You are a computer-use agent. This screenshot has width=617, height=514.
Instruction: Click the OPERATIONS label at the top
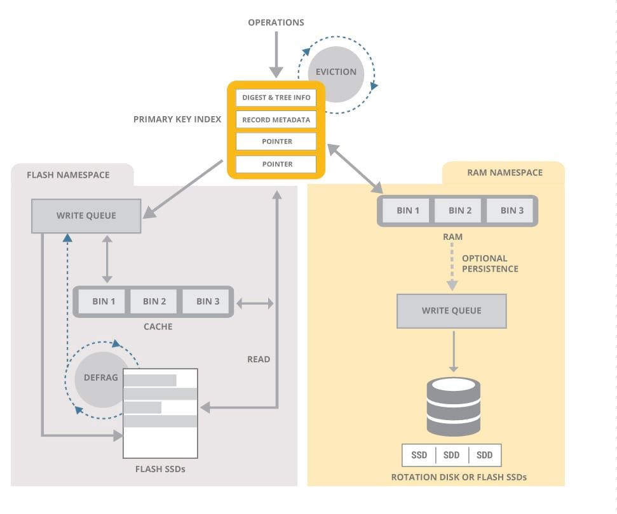pos(276,23)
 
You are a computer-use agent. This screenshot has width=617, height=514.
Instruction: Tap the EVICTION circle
pos(336,72)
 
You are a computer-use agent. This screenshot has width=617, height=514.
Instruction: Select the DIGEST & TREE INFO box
pos(276,98)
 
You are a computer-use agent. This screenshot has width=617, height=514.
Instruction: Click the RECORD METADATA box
pos(276,120)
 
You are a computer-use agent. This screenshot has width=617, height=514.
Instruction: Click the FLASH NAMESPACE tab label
pos(68,175)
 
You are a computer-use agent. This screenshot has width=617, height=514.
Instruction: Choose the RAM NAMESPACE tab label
pos(505,173)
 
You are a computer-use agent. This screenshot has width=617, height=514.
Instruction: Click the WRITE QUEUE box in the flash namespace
pos(86,216)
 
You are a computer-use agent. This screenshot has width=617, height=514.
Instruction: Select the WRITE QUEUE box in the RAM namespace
pos(452,311)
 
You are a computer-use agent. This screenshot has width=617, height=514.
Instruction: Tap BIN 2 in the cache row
pos(154,301)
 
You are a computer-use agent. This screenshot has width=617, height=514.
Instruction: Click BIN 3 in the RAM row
pos(512,211)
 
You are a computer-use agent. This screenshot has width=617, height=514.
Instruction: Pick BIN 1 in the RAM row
pos(408,211)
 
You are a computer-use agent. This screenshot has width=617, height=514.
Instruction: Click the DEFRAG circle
pos(100,378)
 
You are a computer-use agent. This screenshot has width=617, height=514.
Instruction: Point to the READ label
pos(259,359)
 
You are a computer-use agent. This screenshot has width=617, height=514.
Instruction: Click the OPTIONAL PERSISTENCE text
pos(489,263)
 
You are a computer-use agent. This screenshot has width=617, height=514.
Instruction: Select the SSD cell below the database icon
pos(419,455)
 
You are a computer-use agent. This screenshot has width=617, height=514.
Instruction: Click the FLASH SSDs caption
pos(160,470)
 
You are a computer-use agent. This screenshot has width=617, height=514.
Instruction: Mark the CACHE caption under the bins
pos(158,327)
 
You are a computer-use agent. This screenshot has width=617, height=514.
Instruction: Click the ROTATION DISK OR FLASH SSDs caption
pos(459,477)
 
